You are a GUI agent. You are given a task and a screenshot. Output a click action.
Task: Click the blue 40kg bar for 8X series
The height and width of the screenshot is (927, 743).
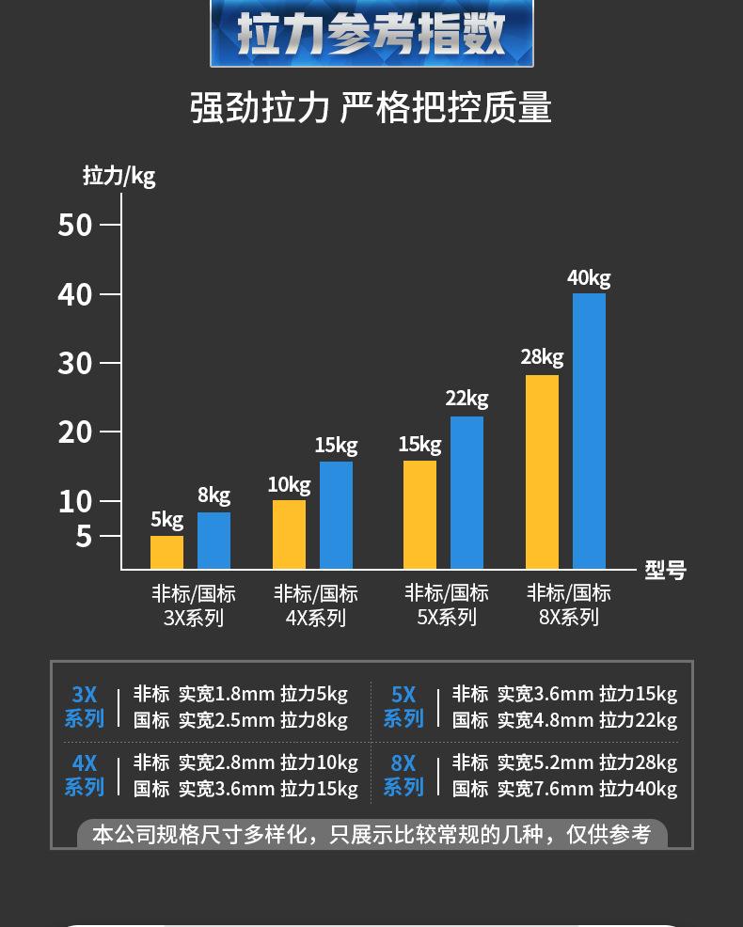589,431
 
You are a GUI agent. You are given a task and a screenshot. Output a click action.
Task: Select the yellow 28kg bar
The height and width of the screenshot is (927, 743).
542,472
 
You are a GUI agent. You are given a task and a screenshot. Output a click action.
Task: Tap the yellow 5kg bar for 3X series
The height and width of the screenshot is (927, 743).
166,553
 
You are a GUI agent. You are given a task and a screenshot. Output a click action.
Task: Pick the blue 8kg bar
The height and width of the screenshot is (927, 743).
213,541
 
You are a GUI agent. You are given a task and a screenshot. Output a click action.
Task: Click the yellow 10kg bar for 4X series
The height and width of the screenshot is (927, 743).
289,534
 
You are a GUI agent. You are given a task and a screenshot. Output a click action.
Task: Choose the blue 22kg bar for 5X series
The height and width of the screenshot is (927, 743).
466,493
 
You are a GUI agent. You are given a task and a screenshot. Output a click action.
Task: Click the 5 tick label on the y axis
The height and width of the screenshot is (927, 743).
84,537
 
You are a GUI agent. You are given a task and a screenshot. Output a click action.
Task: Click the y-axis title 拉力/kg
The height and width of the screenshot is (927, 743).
119,176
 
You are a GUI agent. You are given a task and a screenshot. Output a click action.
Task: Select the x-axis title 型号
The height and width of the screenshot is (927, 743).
665,570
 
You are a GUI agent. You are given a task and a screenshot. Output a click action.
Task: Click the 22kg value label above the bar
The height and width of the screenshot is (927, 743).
466,399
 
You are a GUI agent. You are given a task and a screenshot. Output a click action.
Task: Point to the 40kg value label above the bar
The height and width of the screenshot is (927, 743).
589,278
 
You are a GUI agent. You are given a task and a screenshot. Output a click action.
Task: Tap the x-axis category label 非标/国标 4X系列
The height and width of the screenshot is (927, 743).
316,605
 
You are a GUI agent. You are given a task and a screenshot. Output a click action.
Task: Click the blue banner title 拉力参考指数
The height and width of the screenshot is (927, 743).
371,34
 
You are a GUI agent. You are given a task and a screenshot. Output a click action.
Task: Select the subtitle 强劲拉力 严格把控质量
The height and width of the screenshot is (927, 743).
371,108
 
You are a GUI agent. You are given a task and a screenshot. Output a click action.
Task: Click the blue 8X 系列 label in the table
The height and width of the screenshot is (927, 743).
403,775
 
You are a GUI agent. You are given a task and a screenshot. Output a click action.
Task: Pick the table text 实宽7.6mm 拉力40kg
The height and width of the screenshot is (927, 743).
587,789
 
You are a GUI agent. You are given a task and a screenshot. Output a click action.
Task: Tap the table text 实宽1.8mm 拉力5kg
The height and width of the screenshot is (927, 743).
263,695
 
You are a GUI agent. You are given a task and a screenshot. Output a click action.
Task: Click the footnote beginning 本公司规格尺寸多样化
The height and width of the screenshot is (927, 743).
371,834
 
